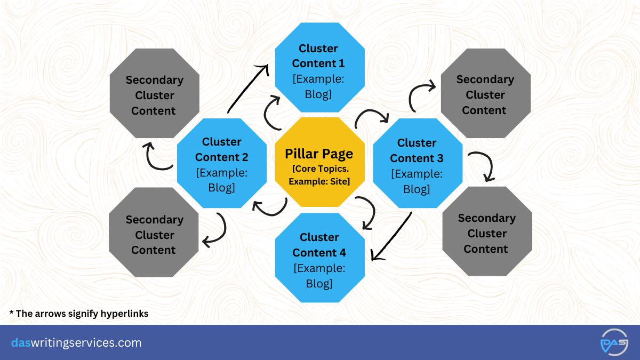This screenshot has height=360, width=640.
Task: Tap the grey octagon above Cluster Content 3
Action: point(485,94)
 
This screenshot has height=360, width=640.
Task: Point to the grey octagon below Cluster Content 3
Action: point(487,233)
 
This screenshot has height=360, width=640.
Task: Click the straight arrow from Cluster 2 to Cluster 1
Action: point(247,89)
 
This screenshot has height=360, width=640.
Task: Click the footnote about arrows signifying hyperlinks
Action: point(79,314)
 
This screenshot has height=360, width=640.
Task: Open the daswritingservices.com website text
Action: point(76,342)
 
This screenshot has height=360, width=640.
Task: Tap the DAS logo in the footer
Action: point(613,342)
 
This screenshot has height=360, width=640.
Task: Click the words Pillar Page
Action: point(319,154)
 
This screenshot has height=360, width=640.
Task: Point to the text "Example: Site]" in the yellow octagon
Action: point(319,181)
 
